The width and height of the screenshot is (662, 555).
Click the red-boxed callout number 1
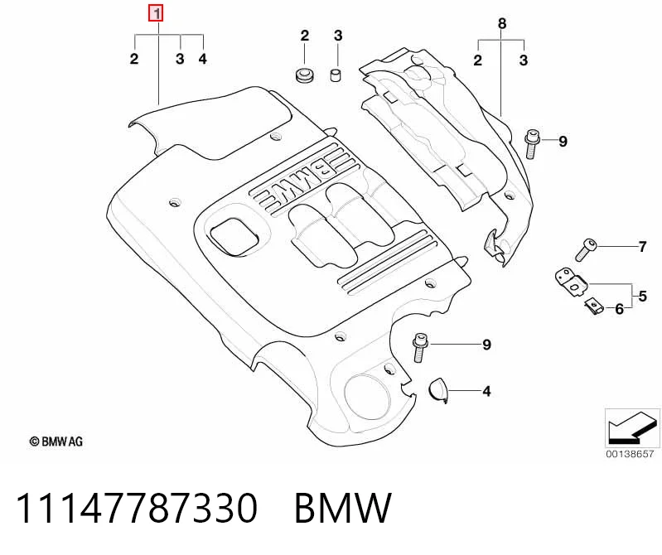tap(156, 14)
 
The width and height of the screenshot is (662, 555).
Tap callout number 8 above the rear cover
tap(501, 23)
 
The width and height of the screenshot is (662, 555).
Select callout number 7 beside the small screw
tap(642, 247)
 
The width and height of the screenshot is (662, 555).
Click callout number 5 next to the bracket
tap(642, 296)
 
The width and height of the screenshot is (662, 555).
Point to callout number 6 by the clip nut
tap(619, 309)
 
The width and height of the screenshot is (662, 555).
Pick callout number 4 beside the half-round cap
tap(486, 391)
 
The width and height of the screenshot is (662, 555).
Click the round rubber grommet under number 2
tap(303, 75)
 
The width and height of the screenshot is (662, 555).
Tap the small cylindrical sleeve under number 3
tap(336, 75)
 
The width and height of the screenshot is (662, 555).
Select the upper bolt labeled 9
tap(531, 144)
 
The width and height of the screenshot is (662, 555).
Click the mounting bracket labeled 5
tap(571, 282)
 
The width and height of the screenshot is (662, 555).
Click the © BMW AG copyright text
tap(56, 442)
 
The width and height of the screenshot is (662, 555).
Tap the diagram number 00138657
tap(630, 454)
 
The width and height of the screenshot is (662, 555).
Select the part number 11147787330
tap(137, 508)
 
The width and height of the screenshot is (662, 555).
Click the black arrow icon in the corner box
tap(632, 427)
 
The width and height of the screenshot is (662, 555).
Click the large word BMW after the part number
tap(343, 508)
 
